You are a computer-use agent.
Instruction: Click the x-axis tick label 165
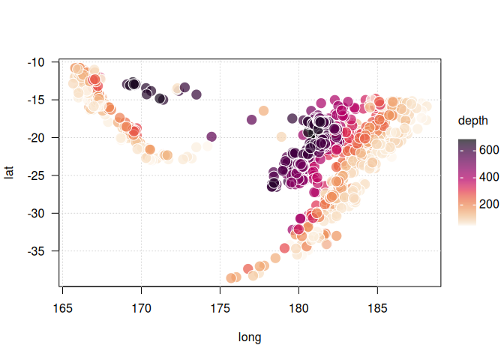coord(62,307)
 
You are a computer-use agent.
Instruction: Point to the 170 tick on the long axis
coord(141,307)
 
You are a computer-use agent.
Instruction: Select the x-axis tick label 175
coord(220,307)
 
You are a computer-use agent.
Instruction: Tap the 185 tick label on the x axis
coord(377,307)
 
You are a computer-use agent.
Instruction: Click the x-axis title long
coord(250,337)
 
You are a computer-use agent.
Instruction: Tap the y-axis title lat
coord(10,173)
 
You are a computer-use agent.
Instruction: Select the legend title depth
coord(473,120)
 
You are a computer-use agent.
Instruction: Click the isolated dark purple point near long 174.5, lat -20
coord(211,136)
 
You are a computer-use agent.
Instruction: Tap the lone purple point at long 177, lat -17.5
coord(252,120)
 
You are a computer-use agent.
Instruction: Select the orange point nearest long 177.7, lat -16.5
coord(263,111)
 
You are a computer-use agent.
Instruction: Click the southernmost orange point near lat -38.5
coord(231,278)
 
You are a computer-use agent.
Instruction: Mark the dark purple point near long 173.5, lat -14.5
coord(196,94)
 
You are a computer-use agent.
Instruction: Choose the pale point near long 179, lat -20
coord(281,137)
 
